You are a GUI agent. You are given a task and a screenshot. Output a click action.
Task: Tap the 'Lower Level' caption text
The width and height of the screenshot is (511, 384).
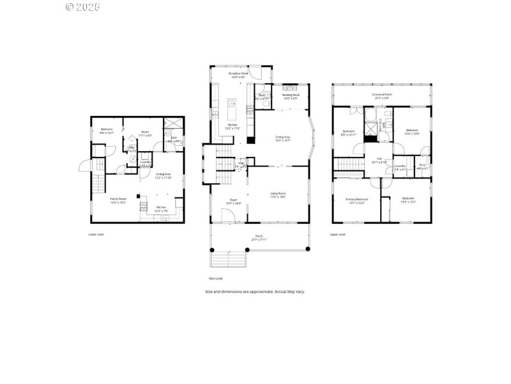96,234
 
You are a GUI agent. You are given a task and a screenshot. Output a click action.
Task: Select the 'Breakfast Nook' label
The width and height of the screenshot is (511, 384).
240,75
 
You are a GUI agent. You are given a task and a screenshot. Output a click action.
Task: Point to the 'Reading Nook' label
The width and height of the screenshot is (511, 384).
291,97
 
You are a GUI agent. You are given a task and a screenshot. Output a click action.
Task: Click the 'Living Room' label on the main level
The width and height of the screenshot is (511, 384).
277,195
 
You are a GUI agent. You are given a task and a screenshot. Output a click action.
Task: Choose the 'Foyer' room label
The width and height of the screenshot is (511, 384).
233,201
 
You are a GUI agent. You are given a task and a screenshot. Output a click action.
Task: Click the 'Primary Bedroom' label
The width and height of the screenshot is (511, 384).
356,200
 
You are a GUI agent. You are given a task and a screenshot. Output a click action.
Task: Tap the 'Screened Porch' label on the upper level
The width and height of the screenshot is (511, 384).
382,95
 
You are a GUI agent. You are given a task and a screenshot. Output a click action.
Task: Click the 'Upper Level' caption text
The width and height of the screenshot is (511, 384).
338,234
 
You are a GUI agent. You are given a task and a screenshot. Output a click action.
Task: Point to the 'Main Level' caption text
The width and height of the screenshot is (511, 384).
216,278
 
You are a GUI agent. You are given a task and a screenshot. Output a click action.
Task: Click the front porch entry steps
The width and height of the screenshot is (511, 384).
228,259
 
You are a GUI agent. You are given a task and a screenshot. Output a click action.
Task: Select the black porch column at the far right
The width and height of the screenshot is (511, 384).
308,248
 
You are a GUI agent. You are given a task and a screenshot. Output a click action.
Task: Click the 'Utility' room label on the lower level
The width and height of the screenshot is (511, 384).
131,148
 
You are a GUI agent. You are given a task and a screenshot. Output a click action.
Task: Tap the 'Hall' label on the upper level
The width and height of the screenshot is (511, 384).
379,159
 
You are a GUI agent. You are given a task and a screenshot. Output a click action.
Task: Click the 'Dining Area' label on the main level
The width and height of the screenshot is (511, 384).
282,138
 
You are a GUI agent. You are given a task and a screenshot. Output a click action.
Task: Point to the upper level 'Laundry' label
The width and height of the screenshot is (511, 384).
400,166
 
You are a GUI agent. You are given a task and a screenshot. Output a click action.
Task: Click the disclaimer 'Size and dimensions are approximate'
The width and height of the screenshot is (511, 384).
255,291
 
